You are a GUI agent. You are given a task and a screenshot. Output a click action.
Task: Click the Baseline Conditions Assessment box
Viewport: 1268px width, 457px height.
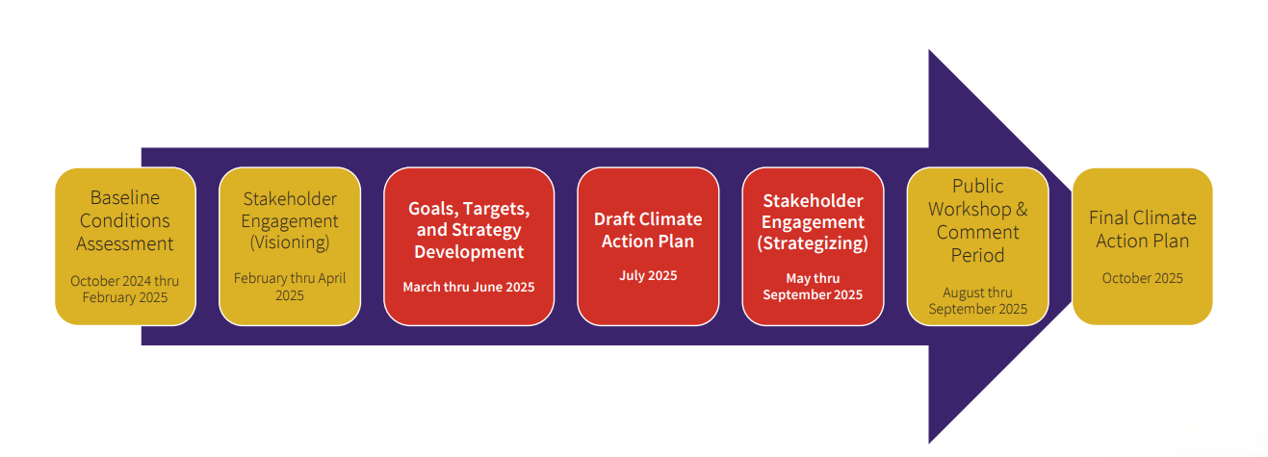point(125,246)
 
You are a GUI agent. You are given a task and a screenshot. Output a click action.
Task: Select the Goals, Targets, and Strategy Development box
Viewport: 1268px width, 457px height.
point(469,246)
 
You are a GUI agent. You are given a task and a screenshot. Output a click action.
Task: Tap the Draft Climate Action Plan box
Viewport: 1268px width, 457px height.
point(648,246)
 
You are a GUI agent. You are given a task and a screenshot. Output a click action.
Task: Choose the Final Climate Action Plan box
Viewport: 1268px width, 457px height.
point(1142,246)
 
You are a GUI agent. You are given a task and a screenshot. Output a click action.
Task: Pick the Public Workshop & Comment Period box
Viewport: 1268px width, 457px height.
point(977,246)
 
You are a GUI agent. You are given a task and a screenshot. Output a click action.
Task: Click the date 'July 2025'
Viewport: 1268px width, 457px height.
point(648,275)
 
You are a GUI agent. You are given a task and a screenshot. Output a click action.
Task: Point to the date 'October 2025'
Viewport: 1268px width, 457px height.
point(1142,278)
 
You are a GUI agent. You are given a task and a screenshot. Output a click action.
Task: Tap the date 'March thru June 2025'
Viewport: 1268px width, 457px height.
point(469,287)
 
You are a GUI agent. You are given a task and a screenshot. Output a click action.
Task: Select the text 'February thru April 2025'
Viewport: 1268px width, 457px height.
point(290,287)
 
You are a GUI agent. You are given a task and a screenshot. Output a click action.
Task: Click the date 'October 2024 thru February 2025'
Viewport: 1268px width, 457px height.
point(124,289)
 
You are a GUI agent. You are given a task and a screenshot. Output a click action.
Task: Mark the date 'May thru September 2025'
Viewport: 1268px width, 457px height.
point(813,286)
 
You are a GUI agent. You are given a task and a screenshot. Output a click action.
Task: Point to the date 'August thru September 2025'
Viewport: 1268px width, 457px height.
point(977,301)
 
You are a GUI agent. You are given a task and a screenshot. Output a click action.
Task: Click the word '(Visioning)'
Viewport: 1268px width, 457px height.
point(290,242)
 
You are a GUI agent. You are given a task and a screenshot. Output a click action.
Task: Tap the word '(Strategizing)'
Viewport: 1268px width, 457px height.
point(813,243)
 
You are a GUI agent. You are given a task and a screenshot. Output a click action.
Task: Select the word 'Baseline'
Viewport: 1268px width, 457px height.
point(125,197)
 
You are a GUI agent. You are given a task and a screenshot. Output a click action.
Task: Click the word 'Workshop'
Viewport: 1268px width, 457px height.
point(970,210)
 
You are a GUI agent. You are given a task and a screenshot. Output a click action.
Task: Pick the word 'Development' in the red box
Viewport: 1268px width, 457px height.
point(469,252)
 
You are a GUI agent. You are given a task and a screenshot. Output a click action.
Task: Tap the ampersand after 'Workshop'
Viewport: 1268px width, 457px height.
point(1022,209)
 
